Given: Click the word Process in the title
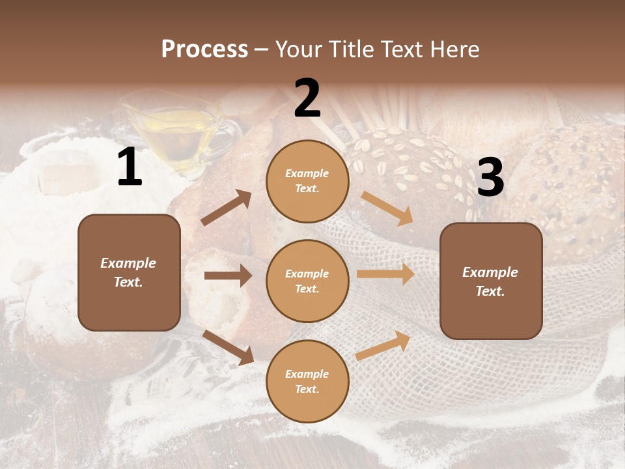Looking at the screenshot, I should tap(204, 49).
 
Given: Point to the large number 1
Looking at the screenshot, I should tap(130, 167).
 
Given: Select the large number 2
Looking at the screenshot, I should tap(307, 98).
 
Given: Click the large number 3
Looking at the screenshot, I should tap(490, 178).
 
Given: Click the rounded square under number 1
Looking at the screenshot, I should tap(129, 272).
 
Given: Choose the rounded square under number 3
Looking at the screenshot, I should tap(491, 281).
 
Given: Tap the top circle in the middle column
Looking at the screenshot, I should tap(307, 181).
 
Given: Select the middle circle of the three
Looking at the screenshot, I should tap(307, 281).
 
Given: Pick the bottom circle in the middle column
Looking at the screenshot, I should tap(307, 381).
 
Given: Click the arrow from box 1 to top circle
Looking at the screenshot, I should tap(227, 207).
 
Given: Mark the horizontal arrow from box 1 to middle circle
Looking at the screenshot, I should tap(228, 276).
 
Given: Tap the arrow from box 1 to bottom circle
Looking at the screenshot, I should tap(229, 347).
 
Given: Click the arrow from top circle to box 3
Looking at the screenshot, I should tap(387, 208).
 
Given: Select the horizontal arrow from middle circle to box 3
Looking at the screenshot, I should tap(385, 274).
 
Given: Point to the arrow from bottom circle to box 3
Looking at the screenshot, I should tap(383, 346).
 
